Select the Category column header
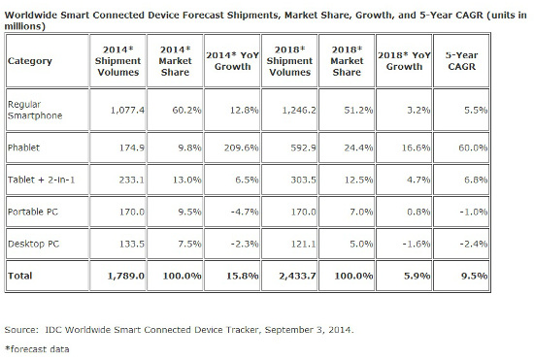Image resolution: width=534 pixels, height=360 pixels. click(29, 59)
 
